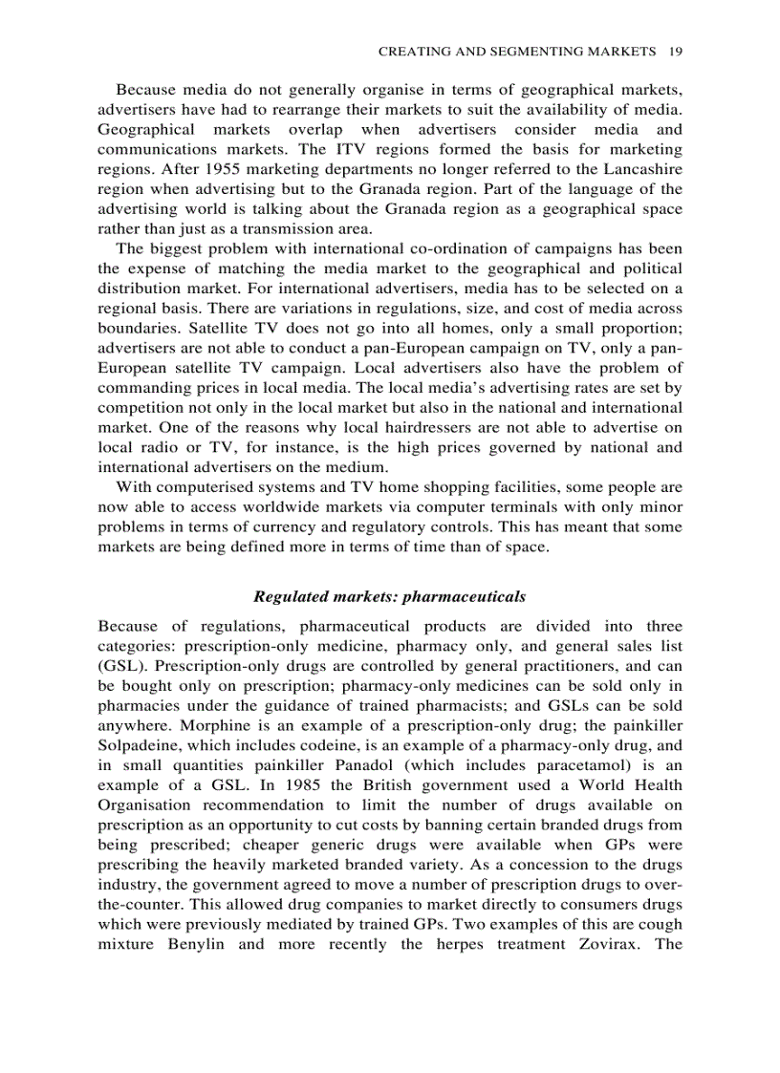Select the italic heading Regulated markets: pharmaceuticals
[390, 596]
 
